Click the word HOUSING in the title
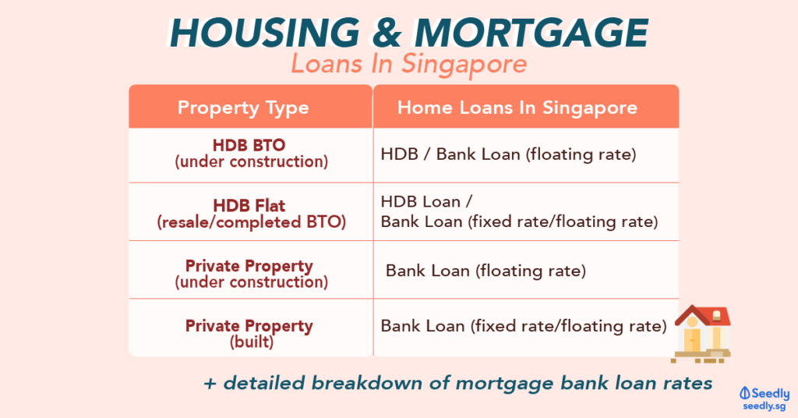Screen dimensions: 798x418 (265, 34)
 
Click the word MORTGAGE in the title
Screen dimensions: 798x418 (531, 34)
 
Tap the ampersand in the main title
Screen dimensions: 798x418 (387, 34)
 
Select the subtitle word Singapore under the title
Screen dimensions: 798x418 (464, 65)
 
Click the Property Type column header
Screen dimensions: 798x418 (243, 108)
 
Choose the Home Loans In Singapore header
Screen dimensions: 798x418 (517, 108)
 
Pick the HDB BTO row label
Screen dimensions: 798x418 (249, 145)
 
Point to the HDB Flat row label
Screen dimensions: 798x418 (249, 206)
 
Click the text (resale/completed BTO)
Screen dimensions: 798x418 (252, 222)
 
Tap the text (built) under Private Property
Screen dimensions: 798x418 (252, 342)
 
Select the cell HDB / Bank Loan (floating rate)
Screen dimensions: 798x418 (508, 154)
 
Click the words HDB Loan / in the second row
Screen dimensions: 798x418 (426, 202)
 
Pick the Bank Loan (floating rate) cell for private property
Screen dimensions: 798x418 (486, 271)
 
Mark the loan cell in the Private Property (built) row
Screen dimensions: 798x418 (524, 326)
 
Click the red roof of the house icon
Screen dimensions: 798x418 (703, 315)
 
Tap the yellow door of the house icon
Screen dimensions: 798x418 (692, 339)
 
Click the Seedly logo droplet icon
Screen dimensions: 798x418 (745, 393)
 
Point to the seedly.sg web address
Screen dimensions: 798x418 (764, 406)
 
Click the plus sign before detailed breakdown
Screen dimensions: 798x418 (210, 384)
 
